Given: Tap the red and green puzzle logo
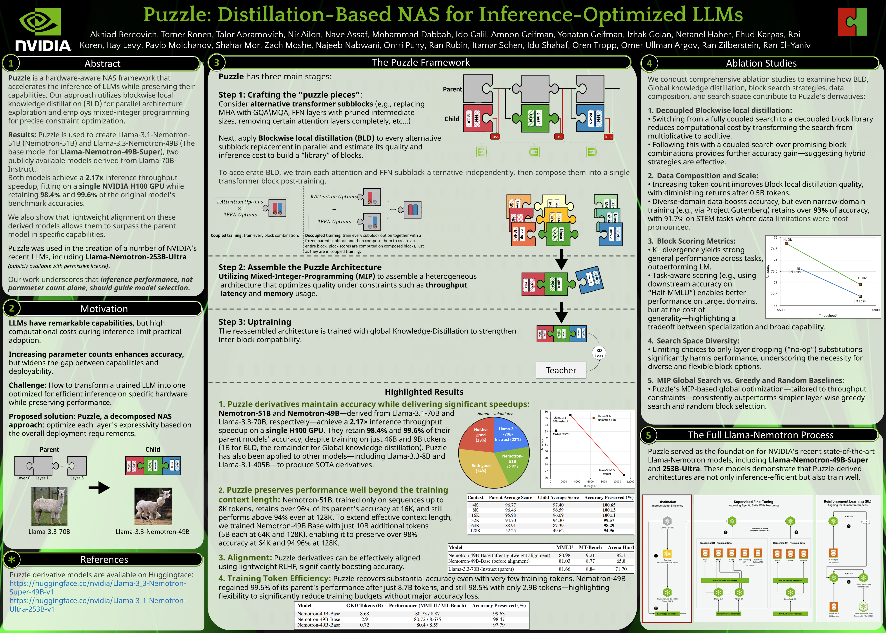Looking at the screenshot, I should click(852, 22).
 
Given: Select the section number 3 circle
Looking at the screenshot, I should click(217, 62).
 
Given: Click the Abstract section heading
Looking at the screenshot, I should click(102, 64).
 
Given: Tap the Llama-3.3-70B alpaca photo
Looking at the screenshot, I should click(49, 506).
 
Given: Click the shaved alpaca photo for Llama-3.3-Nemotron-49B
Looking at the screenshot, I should click(153, 506).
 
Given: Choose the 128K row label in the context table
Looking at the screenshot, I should click(475, 531).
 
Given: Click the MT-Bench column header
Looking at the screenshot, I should click(590, 547).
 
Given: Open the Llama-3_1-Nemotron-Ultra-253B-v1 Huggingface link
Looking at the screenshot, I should click(97, 605).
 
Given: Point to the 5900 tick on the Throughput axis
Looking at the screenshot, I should click(875, 310).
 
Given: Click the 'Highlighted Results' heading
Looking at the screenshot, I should click(424, 392).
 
